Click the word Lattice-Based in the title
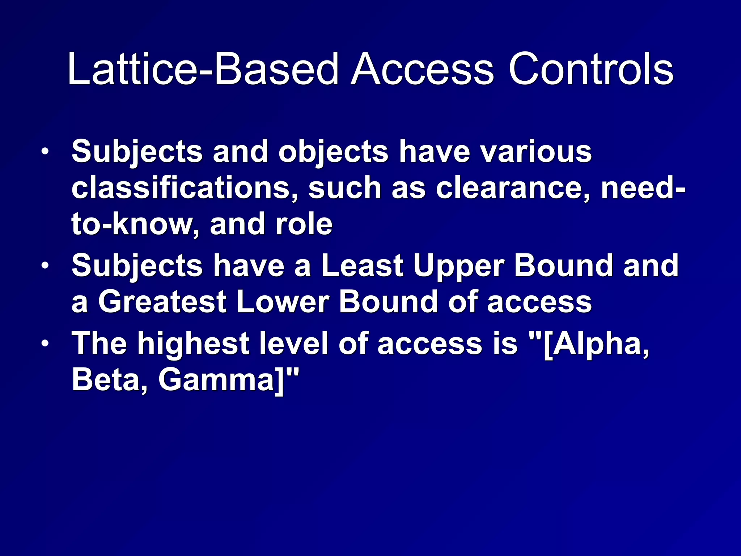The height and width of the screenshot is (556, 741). pos(203,69)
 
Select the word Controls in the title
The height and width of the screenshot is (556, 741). pos(590,69)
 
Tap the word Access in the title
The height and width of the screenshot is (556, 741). pos(422,69)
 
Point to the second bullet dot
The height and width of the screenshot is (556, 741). pos(45,266)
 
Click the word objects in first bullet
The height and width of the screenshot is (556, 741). pos(333,152)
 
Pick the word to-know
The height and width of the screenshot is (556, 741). pos(134,224)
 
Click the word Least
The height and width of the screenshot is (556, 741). pos(362,266)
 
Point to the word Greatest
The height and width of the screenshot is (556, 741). pos(162,302)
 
